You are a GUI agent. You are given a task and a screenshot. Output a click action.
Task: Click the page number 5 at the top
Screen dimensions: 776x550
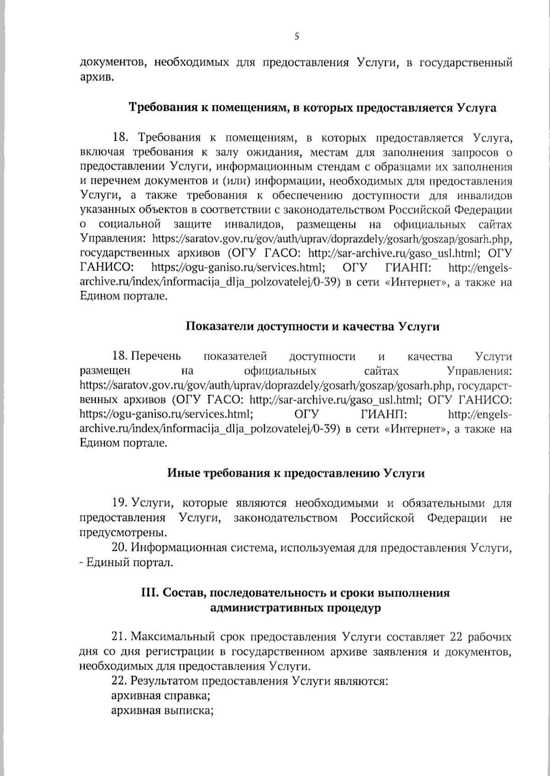pyautogui.click(x=297, y=37)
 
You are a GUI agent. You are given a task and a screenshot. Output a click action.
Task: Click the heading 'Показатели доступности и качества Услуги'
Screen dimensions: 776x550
pyautogui.click(x=313, y=326)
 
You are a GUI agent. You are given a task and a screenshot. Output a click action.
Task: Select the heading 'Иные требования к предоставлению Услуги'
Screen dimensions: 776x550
pyautogui.click(x=295, y=473)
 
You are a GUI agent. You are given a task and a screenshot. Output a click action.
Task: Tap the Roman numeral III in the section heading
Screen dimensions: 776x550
pyautogui.click(x=150, y=593)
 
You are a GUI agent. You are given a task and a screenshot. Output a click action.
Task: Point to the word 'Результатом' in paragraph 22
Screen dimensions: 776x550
pyautogui.click(x=164, y=681)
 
